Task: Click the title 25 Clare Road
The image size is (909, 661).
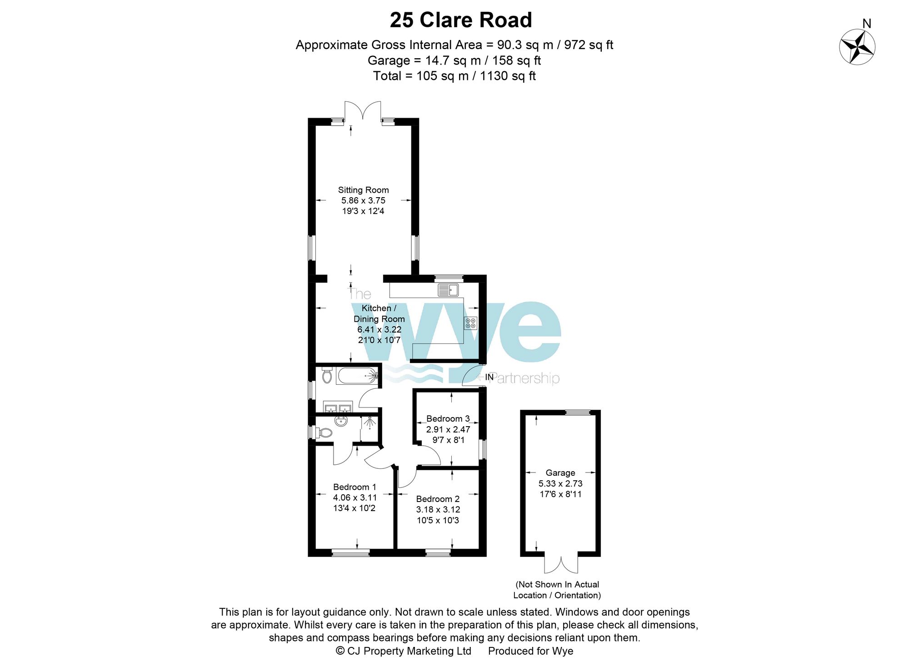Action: coord(460,20)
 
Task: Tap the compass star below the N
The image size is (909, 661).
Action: coord(857,47)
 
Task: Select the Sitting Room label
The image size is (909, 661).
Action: coord(363,190)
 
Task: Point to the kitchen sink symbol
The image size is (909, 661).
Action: coord(448,289)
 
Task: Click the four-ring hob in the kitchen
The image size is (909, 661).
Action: coord(470,323)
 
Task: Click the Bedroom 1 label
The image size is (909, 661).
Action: coord(355,487)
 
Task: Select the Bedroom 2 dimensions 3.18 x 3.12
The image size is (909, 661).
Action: coord(438,510)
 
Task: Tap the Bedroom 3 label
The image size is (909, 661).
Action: coord(448,419)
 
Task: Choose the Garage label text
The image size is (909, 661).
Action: coord(560,473)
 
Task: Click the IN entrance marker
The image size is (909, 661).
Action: coord(489,377)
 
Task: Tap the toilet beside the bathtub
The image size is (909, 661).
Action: coord(327,376)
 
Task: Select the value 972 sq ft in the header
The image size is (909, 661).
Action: coord(589,45)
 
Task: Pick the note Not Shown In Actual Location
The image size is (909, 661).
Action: coord(557,590)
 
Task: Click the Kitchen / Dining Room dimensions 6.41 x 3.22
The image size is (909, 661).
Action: coord(379,330)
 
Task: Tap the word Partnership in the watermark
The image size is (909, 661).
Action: coord(525,378)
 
